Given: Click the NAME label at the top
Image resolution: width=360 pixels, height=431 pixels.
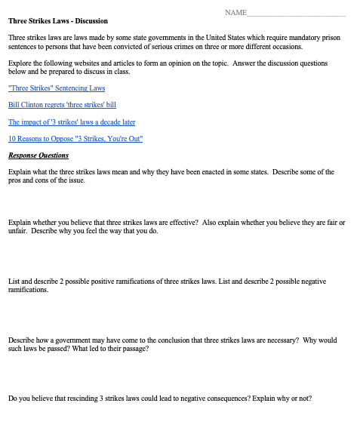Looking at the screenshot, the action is coord(235,14).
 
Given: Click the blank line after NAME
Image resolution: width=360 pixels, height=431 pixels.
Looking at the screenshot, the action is coord(296,14).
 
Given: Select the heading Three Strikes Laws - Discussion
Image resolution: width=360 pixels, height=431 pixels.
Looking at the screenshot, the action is coord(58,21).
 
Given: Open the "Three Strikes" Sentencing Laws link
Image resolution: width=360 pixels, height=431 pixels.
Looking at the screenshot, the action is coord(57,89).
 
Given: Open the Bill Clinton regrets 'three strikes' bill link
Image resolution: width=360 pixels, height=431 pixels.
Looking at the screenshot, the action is coord(62,105).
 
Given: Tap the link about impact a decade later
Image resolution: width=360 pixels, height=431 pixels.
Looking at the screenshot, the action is coord(72,122).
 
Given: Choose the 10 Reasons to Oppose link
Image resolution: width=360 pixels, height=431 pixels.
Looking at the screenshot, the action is coord(75,138).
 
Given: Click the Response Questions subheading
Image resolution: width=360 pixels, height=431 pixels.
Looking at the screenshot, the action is coord(38,155).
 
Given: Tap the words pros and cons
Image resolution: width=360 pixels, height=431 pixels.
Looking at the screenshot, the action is coord(31,181).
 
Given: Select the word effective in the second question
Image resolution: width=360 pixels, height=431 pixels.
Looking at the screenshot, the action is coord(182,223).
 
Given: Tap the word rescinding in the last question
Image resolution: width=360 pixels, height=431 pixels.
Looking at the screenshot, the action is coord(72,399).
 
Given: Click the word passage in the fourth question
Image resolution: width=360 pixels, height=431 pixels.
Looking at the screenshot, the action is coord(133,349).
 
